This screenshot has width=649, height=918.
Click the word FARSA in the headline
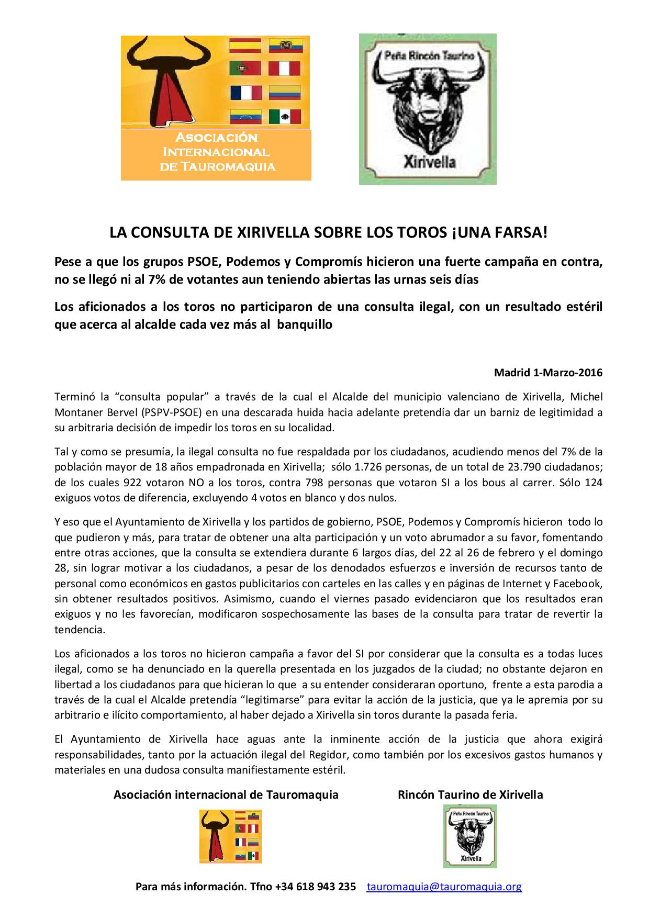(516, 233)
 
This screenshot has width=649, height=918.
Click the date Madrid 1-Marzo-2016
(548, 373)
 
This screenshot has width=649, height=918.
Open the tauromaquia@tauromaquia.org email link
(444, 887)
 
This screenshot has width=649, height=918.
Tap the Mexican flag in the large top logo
(285, 116)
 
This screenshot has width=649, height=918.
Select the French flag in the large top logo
(245, 93)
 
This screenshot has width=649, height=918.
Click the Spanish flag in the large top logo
(245, 46)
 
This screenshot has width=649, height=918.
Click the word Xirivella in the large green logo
(429, 161)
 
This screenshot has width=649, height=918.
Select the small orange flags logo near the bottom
(230, 836)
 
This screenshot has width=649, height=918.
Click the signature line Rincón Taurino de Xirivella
(470, 794)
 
